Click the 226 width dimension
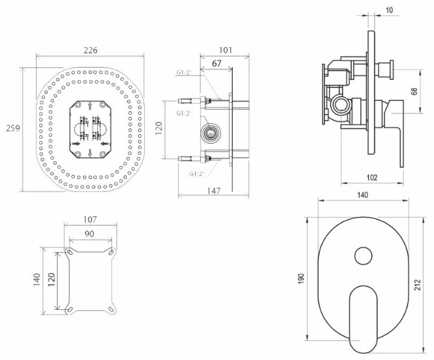[x=90, y=50]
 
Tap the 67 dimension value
[x=216, y=63]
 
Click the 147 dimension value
[x=214, y=191]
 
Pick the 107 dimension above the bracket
[x=90, y=220]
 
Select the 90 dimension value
[x=90, y=234]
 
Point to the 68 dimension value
[x=414, y=92]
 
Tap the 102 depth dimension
[x=371, y=177]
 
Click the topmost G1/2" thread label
[x=183, y=72]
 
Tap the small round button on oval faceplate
[x=362, y=255]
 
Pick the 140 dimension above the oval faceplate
[x=363, y=195]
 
